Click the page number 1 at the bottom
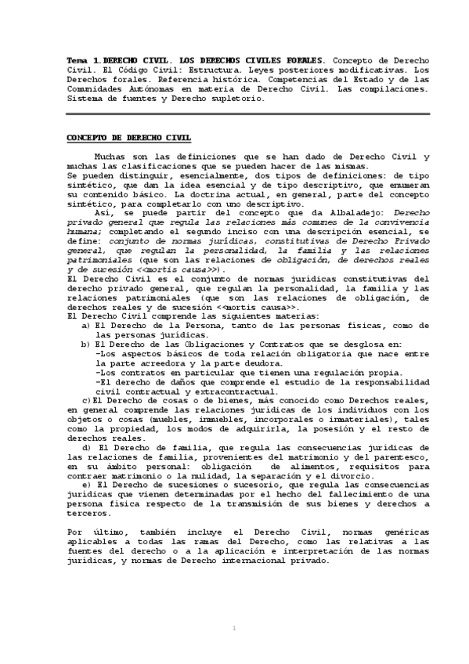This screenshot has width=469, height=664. (234, 628)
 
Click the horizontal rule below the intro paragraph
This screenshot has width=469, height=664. (235, 114)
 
